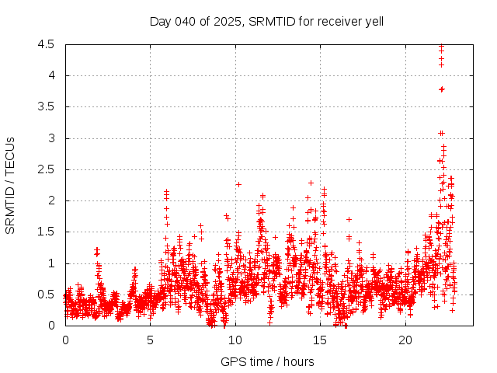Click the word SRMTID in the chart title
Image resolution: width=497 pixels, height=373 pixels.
tap(269, 21)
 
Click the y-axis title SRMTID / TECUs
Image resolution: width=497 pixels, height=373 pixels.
tap(11, 185)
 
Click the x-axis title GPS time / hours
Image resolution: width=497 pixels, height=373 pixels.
tap(266, 361)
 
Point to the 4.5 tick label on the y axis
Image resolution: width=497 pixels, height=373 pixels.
tap(46, 44)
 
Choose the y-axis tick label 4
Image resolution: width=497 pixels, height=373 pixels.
tap(50, 75)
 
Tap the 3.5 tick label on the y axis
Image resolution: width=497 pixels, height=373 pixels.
tap(46, 106)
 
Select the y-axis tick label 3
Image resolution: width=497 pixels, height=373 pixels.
tap(50, 138)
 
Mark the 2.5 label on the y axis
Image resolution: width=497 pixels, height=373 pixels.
tap(46, 169)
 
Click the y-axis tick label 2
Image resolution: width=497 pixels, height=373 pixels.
tap(50, 200)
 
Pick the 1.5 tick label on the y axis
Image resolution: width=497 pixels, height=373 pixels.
tap(46, 232)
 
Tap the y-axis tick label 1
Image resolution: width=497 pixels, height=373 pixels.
tap(50, 263)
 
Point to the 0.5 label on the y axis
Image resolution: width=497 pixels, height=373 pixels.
tap(46, 295)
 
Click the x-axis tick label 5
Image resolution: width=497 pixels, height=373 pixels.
tap(151, 340)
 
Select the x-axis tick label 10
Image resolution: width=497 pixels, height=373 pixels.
tap(235, 340)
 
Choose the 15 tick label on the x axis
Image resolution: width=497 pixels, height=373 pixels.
tap(321, 340)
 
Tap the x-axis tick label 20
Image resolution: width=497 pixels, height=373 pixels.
tap(405, 340)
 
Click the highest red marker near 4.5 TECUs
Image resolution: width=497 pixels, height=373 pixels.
tap(441, 47)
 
